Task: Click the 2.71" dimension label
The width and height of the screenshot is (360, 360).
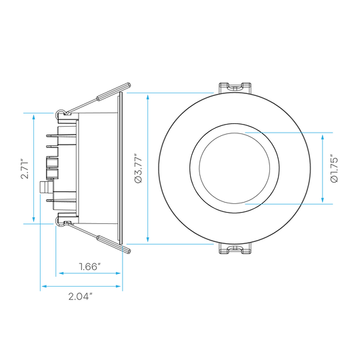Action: pyautogui.click(x=25, y=169)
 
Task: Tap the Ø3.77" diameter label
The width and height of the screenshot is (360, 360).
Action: pyautogui.click(x=139, y=169)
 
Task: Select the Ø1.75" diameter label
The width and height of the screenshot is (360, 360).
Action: pyautogui.click(x=335, y=170)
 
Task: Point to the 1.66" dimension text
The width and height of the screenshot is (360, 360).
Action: pyautogui.click(x=90, y=267)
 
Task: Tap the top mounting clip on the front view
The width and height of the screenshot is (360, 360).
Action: pyautogui.click(x=235, y=87)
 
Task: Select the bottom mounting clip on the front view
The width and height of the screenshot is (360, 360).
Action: pyautogui.click(x=235, y=249)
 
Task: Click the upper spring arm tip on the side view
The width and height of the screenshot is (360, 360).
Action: pyautogui.click(x=129, y=85)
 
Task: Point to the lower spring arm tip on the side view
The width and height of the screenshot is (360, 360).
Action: pyautogui.click(x=129, y=251)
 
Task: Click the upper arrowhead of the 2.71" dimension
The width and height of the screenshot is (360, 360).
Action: pyautogui.click(x=34, y=117)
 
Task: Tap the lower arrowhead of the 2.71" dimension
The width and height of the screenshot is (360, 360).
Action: pyautogui.click(x=34, y=219)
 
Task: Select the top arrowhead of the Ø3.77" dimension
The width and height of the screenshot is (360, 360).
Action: pyautogui.click(x=147, y=97)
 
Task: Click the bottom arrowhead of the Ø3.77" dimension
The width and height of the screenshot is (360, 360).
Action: pyautogui.click(x=147, y=240)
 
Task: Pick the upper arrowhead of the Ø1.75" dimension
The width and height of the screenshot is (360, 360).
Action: pyautogui.click(x=323, y=137)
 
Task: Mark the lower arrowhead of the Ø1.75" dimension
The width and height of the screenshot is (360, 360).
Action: pyautogui.click(x=323, y=199)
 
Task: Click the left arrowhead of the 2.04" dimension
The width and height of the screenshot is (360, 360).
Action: pyautogui.click(x=44, y=286)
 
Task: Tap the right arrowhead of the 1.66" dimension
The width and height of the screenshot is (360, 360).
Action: pyautogui.click(x=118, y=273)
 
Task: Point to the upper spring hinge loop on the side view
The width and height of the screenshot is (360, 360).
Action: pyautogui.click(x=59, y=113)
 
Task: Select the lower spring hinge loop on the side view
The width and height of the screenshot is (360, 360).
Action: pyautogui.click(x=59, y=223)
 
